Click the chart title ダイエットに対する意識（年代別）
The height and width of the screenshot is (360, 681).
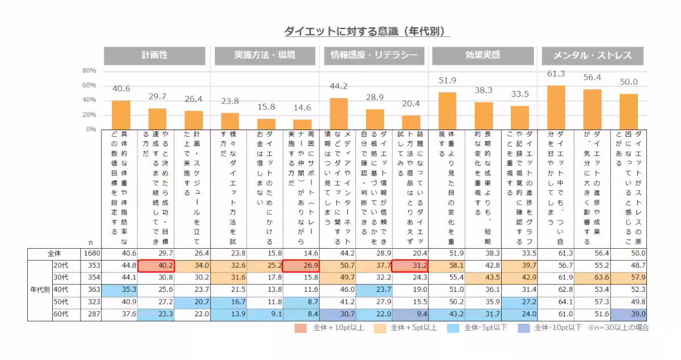coord(366,31)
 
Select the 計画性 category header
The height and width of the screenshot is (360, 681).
coord(155,56)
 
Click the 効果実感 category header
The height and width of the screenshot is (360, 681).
coord(482,56)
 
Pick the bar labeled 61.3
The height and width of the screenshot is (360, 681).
coord(556,108)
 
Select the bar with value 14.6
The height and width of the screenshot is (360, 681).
coord(302,124)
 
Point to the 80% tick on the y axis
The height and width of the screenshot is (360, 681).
coord(89,71)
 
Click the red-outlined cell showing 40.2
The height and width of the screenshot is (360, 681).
coord(156,266)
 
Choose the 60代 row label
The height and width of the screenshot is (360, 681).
coord(61,315)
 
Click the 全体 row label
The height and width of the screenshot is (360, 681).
coord(54,253)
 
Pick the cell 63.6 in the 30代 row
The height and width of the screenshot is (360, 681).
coord(592,278)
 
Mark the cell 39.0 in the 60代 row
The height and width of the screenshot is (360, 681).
coord(628,315)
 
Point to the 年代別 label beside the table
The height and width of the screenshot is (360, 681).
coord(39,290)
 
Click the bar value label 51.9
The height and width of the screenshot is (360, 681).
coord(447,81)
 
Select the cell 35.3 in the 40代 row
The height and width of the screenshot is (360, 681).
coord(120,290)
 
